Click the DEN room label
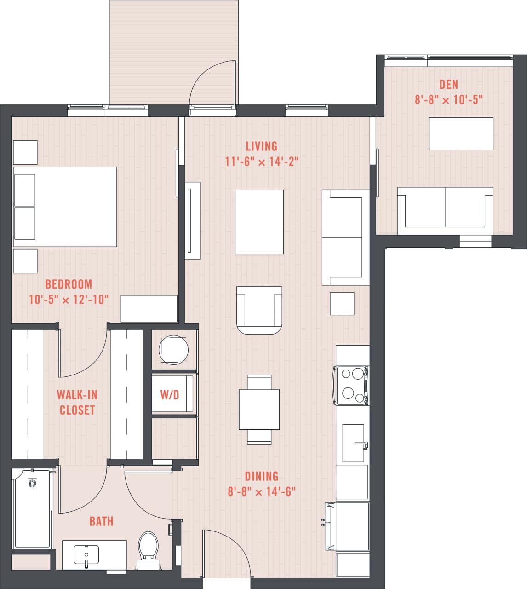pyautogui.click(x=448, y=84)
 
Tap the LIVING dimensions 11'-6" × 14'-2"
pyautogui.click(x=262, y=162)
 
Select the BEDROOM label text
pyautogui.click(x=69, y=284)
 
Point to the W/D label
pyautogui.click(x=169, y=395)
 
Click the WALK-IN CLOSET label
pyautogui.click(x=77, y=402)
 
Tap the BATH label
pyautogui.click(x=101, y=521)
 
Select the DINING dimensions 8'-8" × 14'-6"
pyautogui.click(x=262, y=491)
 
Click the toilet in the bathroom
pyautogui.click(x=148, y=547)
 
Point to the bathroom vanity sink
pyautogui.click(x=86, y=554)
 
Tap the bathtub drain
pyautogui.click(x=32, y=483)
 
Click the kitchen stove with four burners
pyautogui.click(x=352, y=386)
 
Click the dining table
pyautogui.click(x=259, y=410)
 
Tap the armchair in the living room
pyautogui.click(x=259, y=310)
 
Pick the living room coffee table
pyautogui.click(x=259, y=222)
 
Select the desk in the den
pyautogui.click(x=461, y=133)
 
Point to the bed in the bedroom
pyautogui.click(x=65, y=207)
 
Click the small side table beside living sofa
pyautogui.click(x=342, y=304)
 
